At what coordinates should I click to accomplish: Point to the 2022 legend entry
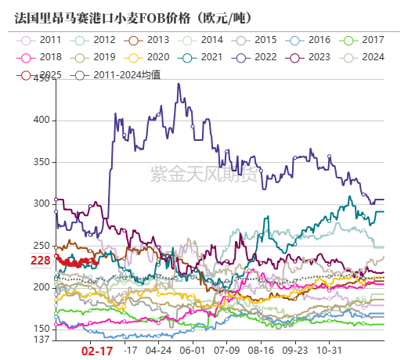click(x=255, y=57)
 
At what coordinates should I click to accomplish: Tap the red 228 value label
click(x=42, y=261)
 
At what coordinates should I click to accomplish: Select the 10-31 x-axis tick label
click(x=341, y=352)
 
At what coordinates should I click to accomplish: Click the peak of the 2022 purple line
click(x=179, y=84)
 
